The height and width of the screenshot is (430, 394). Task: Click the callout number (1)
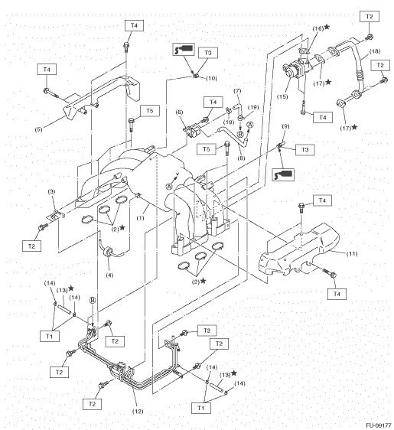(140, 218)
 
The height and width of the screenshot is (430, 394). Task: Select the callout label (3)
(51, 192)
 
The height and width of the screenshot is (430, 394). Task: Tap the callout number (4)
(109, 275)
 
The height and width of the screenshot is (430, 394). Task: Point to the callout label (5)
(39, 129)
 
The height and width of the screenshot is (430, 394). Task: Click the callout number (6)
(180, 112)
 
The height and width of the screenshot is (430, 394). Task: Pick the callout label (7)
(237, 91)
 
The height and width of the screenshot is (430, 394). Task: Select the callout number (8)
(241, 158)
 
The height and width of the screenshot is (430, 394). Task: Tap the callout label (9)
(285, 126)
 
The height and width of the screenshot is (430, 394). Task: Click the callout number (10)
(211, 79)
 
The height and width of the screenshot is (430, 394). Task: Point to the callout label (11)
(352, 254)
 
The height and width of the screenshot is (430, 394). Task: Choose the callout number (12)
(138, 411)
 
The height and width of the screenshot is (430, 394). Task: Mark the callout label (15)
(282, 96)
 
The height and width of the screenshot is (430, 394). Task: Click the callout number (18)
(375, 51)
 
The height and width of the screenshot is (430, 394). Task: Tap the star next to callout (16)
(327, 27)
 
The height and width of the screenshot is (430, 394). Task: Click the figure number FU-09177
(379, 425)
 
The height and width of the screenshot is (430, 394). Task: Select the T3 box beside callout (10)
(208, 53)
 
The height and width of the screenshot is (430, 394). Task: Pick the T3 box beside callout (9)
(305, 150)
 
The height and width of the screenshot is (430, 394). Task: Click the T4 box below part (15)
(323, 117)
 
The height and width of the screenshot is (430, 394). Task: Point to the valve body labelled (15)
(295, 70)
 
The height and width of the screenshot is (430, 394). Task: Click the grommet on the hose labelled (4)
(107, 252)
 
